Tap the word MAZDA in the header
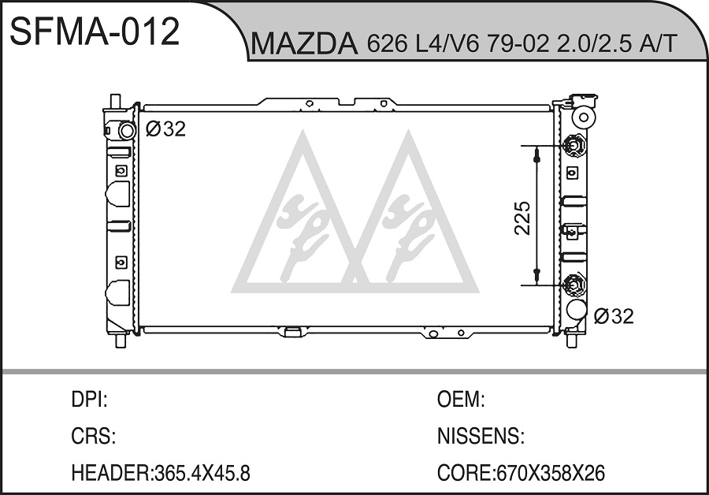tap(304, 44)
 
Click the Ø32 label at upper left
tap(165, 129)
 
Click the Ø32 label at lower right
tap(614, 316)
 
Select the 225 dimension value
tap(522, 218)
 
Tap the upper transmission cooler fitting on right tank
tap(574, 146)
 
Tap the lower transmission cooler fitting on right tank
tap(574, 285)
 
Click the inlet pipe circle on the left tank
tap(126, 130)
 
